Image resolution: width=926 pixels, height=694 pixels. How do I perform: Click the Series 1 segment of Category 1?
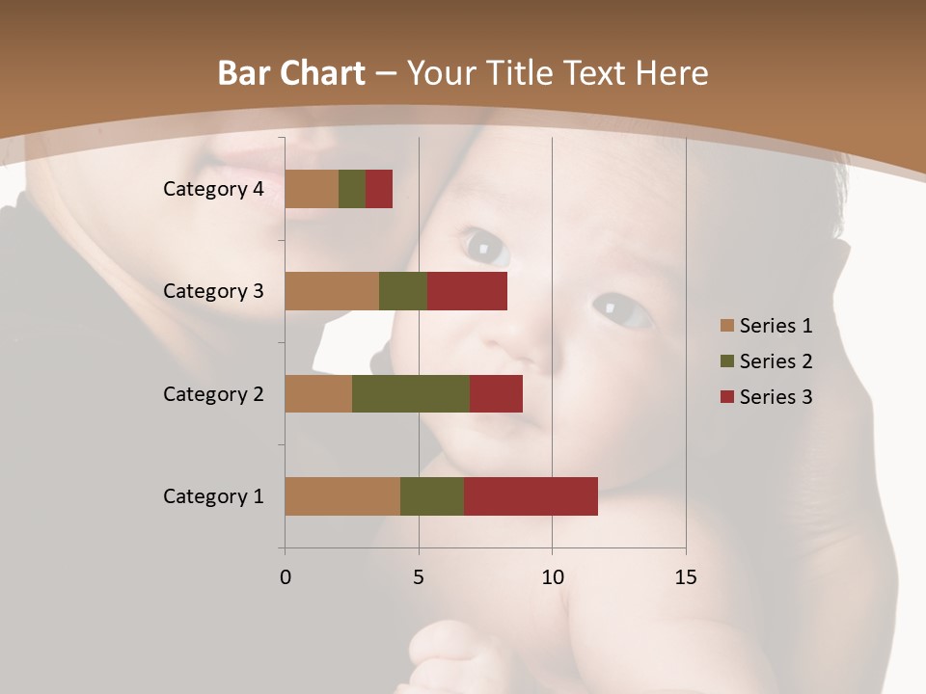coord(342,496)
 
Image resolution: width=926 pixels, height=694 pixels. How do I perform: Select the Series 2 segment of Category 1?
coord(432,496)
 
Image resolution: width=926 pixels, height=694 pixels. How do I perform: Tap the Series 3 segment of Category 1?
coord(531,496)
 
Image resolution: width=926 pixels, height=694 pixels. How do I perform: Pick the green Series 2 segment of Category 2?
coord(411,393)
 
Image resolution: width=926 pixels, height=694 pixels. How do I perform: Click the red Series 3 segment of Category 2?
coord(496,393)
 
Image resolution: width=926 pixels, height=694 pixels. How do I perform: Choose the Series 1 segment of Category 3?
coord(332,291)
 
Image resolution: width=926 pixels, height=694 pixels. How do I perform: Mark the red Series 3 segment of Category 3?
coord(467,291)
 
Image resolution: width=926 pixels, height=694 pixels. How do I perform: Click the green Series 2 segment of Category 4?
coord(352,189)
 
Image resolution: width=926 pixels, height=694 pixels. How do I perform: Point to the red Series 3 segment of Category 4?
coord(379,189)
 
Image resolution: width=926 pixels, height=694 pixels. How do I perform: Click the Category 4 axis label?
coord(213,189)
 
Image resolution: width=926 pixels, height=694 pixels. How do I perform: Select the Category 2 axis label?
coord(213,393)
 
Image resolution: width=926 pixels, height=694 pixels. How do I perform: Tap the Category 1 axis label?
coord(213,496)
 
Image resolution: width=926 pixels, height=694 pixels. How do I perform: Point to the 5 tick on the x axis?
coord(419,577)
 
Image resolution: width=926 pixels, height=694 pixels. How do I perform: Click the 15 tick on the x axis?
coord(685,577)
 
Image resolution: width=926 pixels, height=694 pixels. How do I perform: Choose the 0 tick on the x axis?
coord(286,577)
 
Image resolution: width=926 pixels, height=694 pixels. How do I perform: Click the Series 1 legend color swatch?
coord(726,326)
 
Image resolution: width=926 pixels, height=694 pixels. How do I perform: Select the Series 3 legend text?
coord(776,397)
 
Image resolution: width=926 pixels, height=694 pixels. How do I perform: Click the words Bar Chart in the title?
coord(291,72)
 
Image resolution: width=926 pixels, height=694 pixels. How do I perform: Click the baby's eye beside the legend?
coord(621,310)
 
